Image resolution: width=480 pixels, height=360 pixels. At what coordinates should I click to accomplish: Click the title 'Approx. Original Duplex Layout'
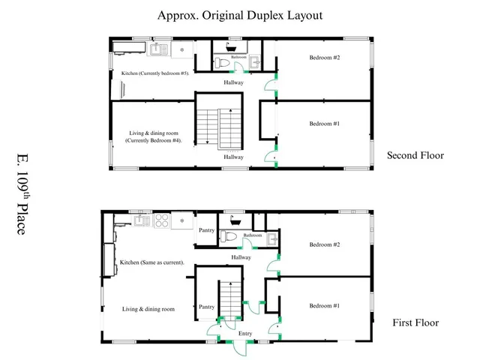pos(240,15)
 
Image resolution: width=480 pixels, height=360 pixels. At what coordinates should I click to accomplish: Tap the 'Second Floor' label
pos(415,156)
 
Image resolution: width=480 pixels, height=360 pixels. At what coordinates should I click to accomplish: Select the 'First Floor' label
pos(415,323)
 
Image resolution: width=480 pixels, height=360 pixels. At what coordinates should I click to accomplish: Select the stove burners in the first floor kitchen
pos(180,221)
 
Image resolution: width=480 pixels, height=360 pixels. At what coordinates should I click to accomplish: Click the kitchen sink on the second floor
pos(158,50)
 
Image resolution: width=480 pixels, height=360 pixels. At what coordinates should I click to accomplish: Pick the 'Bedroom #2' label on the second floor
pos(325,57)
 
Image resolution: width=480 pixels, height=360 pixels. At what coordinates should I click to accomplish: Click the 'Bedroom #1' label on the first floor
pos(325,306)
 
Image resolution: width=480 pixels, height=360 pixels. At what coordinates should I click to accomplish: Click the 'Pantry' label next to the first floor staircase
pos(206,307)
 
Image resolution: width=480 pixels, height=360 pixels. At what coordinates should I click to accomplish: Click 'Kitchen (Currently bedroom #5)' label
pos(154,73)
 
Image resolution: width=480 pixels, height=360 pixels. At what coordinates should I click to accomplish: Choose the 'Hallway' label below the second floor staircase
pos(232,157)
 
